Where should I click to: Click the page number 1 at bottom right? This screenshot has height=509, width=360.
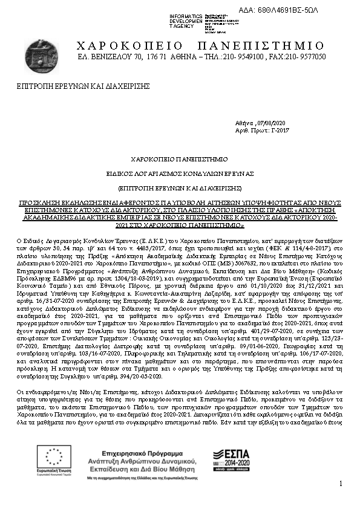(x=341, y=484)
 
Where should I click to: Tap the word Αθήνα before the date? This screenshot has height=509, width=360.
(x=244, y=122)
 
